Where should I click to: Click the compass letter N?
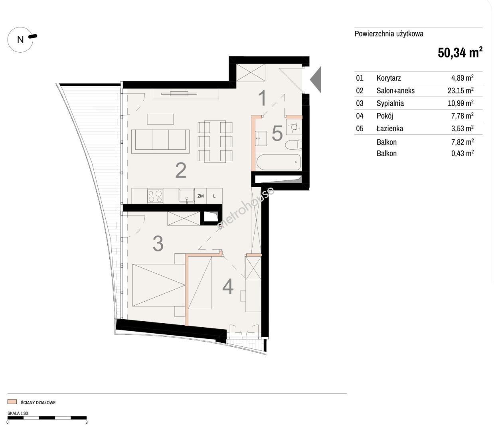[x=20, y=40]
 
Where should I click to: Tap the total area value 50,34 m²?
[x=460, y=53]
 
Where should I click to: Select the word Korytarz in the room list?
[x=389, y=78]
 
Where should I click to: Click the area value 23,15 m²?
[x=460, y=90]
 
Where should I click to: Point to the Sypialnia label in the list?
[x=390, y=103]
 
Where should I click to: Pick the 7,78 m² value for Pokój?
[x=462, y=116]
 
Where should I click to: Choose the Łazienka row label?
[x=390, y=128]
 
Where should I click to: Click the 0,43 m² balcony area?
[x=462, y=153]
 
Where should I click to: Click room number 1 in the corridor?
[x=262, y=98]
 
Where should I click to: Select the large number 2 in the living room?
[x=181, y=170]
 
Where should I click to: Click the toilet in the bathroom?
[x=293, y=145]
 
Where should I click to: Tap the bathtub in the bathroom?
[x=279, y=162]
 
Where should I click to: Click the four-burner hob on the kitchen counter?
[x=155, y=196]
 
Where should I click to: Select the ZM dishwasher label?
[x=200, y=196]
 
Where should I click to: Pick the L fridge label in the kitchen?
[x=214, y=196]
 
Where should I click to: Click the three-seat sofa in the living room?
[x=160, y=142]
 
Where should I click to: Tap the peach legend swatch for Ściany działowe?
[x=12, y=402]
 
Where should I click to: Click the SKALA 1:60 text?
[x=18, y=413]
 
